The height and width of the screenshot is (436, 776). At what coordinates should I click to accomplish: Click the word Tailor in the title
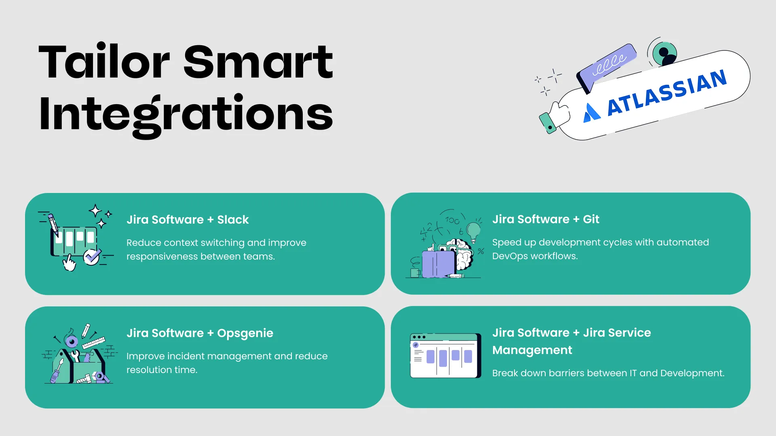tap(104, 63)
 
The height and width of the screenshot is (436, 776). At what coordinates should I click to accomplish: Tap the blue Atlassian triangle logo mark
tap(592, 113)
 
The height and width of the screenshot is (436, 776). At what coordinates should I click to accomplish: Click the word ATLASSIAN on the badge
tap(667, 92)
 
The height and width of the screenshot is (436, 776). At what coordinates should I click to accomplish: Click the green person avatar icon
tap(663, 53)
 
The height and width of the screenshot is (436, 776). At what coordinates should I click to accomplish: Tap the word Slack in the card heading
tap(233, 220)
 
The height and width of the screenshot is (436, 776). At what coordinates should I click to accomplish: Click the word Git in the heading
tap(591, 219)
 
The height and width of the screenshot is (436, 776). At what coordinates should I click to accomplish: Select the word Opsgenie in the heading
tap(245, 333)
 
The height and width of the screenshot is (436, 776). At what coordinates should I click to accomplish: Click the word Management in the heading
tap(532, 350)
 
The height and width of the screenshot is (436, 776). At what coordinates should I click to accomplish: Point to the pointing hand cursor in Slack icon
tap(69, 263)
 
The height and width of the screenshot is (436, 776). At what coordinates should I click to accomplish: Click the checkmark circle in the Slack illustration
tap(91, 257)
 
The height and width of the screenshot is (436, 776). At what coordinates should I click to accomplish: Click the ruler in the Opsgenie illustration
tap(94, 343)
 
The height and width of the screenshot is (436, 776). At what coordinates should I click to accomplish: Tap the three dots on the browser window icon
tap(419, 337)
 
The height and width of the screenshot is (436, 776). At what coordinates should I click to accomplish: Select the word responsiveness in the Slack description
tap(162, 257)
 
